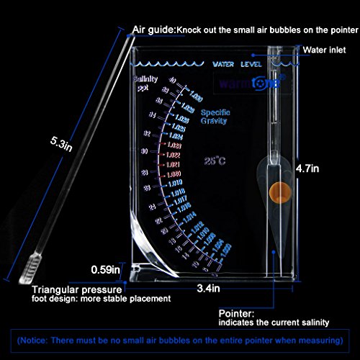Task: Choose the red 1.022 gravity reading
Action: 174,154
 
